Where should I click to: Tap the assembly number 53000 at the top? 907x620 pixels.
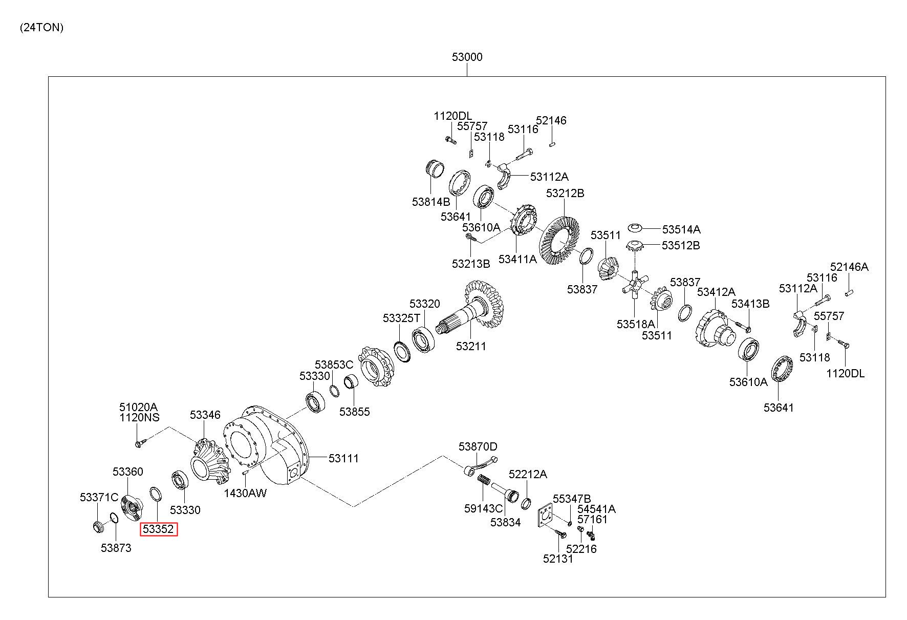[x=467, y=57]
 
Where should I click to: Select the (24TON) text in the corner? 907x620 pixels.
[x=42, y=28]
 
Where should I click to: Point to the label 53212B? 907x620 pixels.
[x=565, y=194]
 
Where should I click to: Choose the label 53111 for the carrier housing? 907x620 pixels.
[x=343, y=458]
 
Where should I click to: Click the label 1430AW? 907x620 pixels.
[x=245, y=493]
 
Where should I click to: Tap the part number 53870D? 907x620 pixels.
[x=478, y=446]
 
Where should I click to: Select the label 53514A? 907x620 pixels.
[x=681, y=229]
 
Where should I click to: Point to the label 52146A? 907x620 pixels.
[x=849, y=267]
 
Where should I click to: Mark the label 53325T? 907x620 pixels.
[x=401, y=318]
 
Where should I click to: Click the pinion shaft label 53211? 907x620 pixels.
[x=471, y=346]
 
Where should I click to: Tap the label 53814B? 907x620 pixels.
[x=431, y=202]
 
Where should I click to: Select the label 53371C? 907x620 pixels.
[x=99, y=497]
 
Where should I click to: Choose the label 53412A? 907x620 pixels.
[x=716, y=292]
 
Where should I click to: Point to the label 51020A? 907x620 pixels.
[x=138, y=407]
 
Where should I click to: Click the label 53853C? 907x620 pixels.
[x=334, y=365]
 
